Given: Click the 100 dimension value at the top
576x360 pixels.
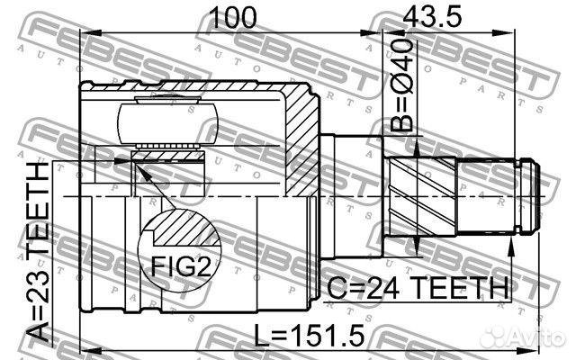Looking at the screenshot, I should point(232,16).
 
